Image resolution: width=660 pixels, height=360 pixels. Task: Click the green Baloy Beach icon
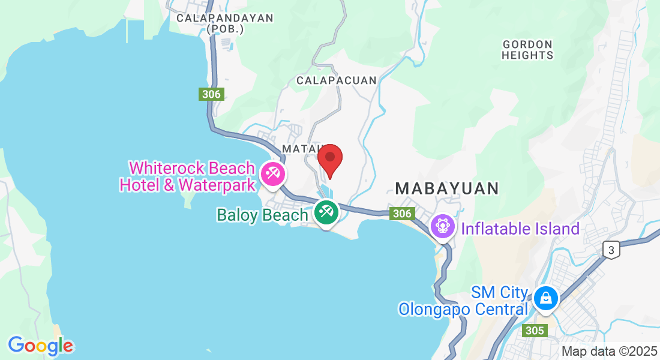coord(326,212)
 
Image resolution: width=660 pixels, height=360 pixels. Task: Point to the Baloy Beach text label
coord(262,215)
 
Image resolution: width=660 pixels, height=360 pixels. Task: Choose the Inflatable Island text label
coord(520,229)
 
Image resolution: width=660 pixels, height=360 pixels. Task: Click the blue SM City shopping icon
coord(546,296)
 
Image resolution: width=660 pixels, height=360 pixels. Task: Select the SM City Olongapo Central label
coord(463,301)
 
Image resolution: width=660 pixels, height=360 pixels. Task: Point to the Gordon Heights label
coord(528,50)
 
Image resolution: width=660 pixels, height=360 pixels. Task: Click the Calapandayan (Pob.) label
coord(225,23)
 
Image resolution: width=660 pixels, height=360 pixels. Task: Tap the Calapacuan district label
coord(337,80)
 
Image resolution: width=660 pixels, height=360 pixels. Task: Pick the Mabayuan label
coord(447,188)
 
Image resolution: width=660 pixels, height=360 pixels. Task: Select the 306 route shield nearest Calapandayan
coord(211,94)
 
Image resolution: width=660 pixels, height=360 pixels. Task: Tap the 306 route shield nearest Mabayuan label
coord(401,213)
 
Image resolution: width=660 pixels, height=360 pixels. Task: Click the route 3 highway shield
coord(611,251)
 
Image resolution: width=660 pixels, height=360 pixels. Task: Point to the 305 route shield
coord(534,330)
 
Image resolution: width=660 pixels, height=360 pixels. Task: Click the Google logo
coord(40,346)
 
